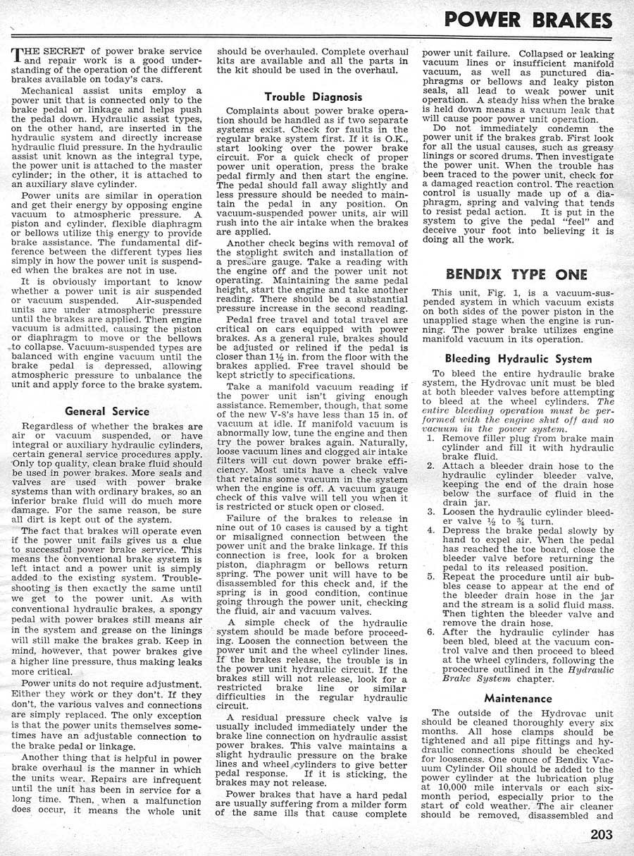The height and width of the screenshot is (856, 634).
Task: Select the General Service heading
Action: tap(107, 411)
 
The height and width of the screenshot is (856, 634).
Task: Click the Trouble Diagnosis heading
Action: tap(313, 97)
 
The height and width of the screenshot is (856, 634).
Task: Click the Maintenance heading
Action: tap(518, 699)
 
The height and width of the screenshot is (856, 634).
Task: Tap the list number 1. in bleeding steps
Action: tap(430, 438)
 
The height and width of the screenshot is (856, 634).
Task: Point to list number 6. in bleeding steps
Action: tap(430, 633)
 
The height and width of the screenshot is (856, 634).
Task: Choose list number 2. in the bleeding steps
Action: tap(430, 467)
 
